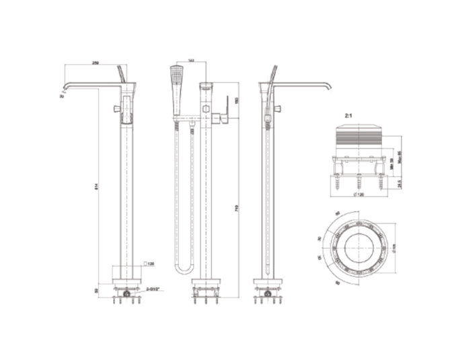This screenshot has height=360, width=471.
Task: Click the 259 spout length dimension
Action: (96, 63)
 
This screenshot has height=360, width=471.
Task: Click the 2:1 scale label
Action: (349, 115)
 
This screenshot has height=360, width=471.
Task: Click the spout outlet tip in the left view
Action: (63, 92)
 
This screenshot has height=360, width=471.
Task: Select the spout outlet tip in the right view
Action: (330, 92)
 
